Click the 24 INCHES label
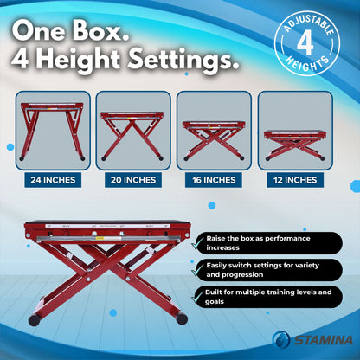click(53, 180)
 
